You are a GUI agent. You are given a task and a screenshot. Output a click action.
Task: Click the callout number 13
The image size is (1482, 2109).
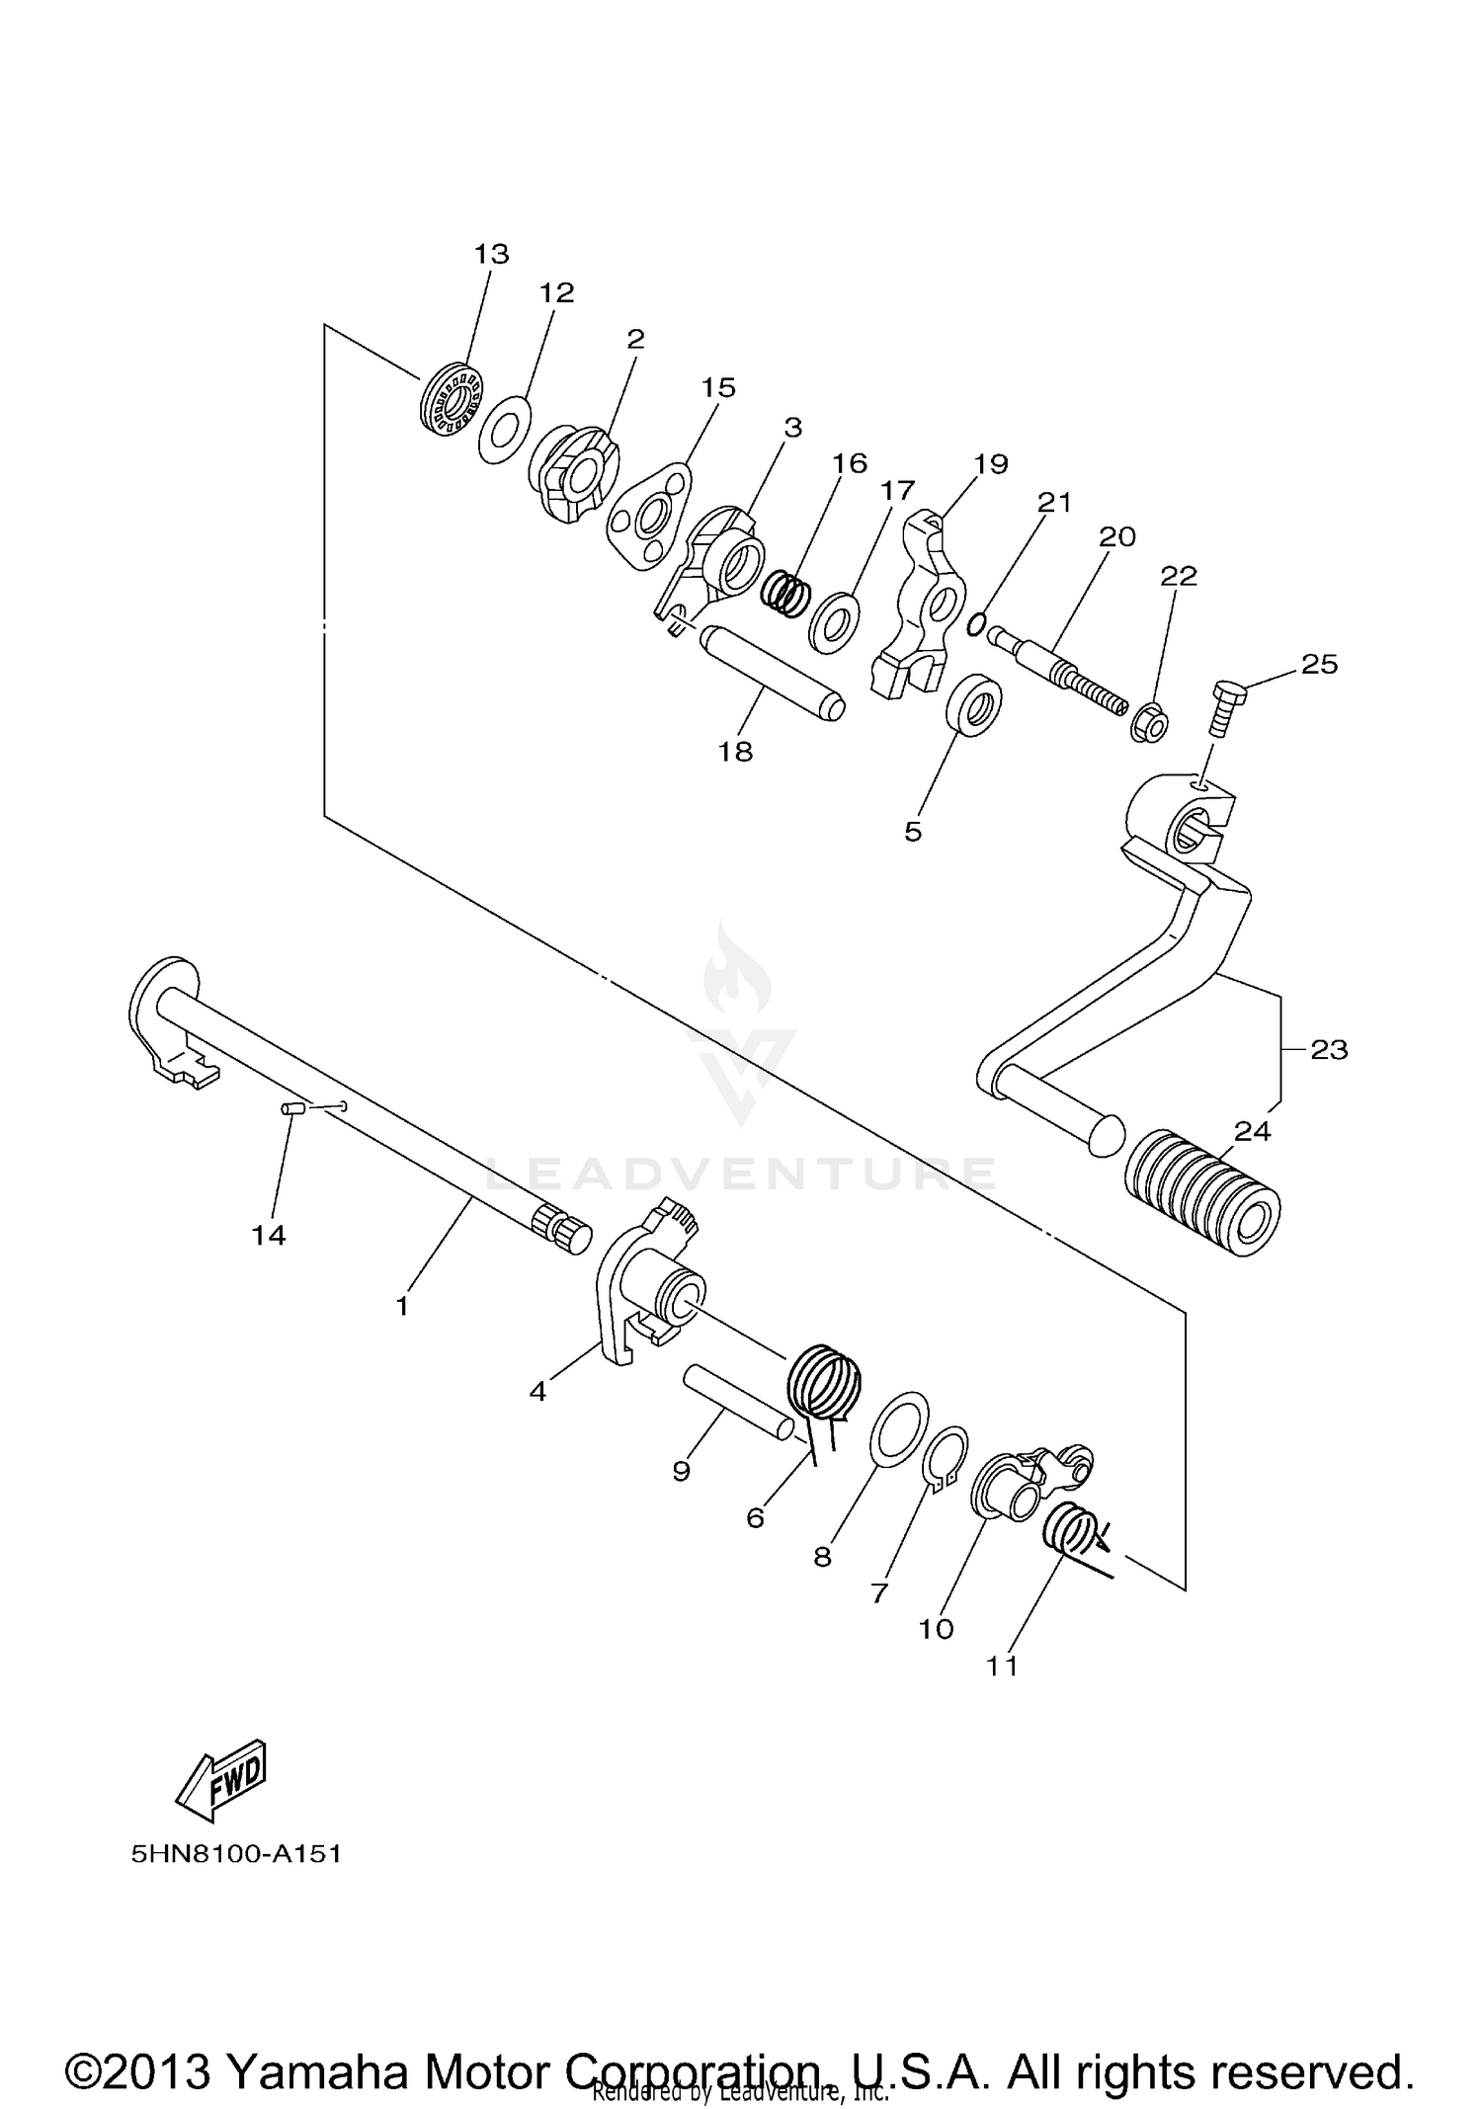tap(491, 254)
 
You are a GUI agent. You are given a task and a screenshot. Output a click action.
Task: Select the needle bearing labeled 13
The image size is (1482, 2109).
tap(451, 399)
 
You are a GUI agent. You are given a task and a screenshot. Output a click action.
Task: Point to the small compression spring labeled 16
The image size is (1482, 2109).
tap(787, 594)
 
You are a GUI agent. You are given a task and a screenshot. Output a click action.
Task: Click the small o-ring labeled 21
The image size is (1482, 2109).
tap(976, 624)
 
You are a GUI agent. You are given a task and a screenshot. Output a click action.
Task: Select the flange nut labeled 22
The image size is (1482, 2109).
tap(1149, 726)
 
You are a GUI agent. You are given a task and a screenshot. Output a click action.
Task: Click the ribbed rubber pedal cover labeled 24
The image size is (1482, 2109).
tap(1202, 1192)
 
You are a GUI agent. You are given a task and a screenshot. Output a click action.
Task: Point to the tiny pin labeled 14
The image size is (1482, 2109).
tap(290, 1110)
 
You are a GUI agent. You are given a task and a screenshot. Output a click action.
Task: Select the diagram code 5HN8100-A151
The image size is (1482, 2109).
tap(236, 1854)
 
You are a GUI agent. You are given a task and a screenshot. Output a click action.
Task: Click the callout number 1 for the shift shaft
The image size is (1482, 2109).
tap(402, 1306)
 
